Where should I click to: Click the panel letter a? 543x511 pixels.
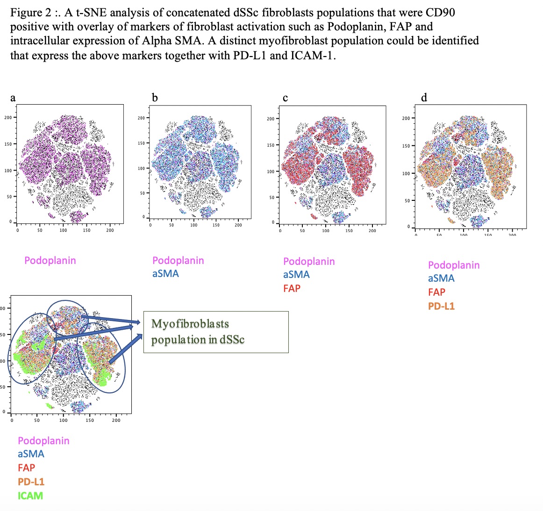coord(13,98)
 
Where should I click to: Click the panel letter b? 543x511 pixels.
coord(155,98)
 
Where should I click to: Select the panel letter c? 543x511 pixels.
coord(285,98)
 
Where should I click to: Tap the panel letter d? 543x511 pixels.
coord(424,98)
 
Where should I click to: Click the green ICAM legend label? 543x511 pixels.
coord(30,496)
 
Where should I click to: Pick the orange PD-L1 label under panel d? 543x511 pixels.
coord(441,306)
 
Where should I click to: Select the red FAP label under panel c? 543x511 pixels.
coord(292,288)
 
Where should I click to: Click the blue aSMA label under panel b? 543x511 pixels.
coord(165,273)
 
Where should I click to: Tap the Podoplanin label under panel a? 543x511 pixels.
coord(50,260)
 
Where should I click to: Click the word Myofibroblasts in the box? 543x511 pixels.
coord(190,324)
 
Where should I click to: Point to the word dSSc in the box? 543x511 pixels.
coord(232,340)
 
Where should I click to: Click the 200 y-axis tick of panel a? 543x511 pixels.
coord(8,117)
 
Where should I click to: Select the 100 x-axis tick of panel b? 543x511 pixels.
coord(193,225)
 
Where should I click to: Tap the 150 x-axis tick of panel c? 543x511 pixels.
coord(349,230)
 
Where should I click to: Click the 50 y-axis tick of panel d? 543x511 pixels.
coord(407,201)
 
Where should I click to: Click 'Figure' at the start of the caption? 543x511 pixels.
coord(27,12)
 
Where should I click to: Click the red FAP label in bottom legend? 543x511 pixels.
coord(26,468)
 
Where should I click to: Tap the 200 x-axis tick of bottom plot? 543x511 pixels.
coord(116,420)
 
